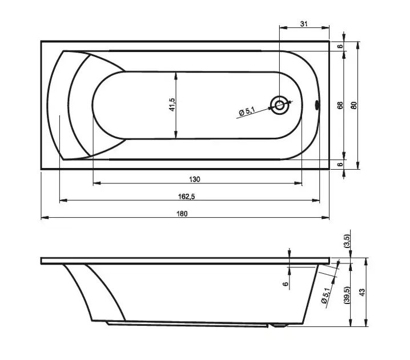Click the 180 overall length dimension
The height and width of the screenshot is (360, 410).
(182, 214)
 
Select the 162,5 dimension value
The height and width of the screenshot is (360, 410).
(186, 197)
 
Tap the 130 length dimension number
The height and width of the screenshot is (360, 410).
(195, 179)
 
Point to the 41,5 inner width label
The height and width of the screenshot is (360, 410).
(172, 105)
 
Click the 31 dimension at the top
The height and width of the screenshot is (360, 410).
(304, 24)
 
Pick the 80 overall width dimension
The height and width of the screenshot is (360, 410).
(354, 106)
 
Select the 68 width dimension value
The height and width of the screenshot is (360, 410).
(340, 106)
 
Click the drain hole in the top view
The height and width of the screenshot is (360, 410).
(279, 106)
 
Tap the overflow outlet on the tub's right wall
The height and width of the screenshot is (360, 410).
(317, 105)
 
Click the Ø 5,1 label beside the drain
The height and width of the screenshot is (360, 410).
(247, 111)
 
